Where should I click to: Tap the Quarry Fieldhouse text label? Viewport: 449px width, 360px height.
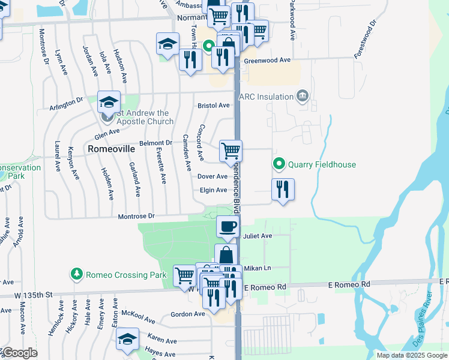tap(322, 164)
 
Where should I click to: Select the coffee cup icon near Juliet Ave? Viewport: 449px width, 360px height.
tap(228, 227)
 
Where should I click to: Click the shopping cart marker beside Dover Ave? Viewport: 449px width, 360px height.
tap(231, 151)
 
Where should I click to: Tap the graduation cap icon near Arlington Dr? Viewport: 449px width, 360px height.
tap(109, 101)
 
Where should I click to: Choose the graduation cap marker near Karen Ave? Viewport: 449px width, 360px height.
tap(127, 339)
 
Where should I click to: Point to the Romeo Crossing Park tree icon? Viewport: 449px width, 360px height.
tap(76, 275)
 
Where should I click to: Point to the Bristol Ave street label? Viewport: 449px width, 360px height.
tap(214, 106)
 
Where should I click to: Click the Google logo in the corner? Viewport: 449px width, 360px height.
tap(19, 353)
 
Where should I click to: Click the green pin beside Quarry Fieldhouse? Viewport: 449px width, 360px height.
tap(279, 164)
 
